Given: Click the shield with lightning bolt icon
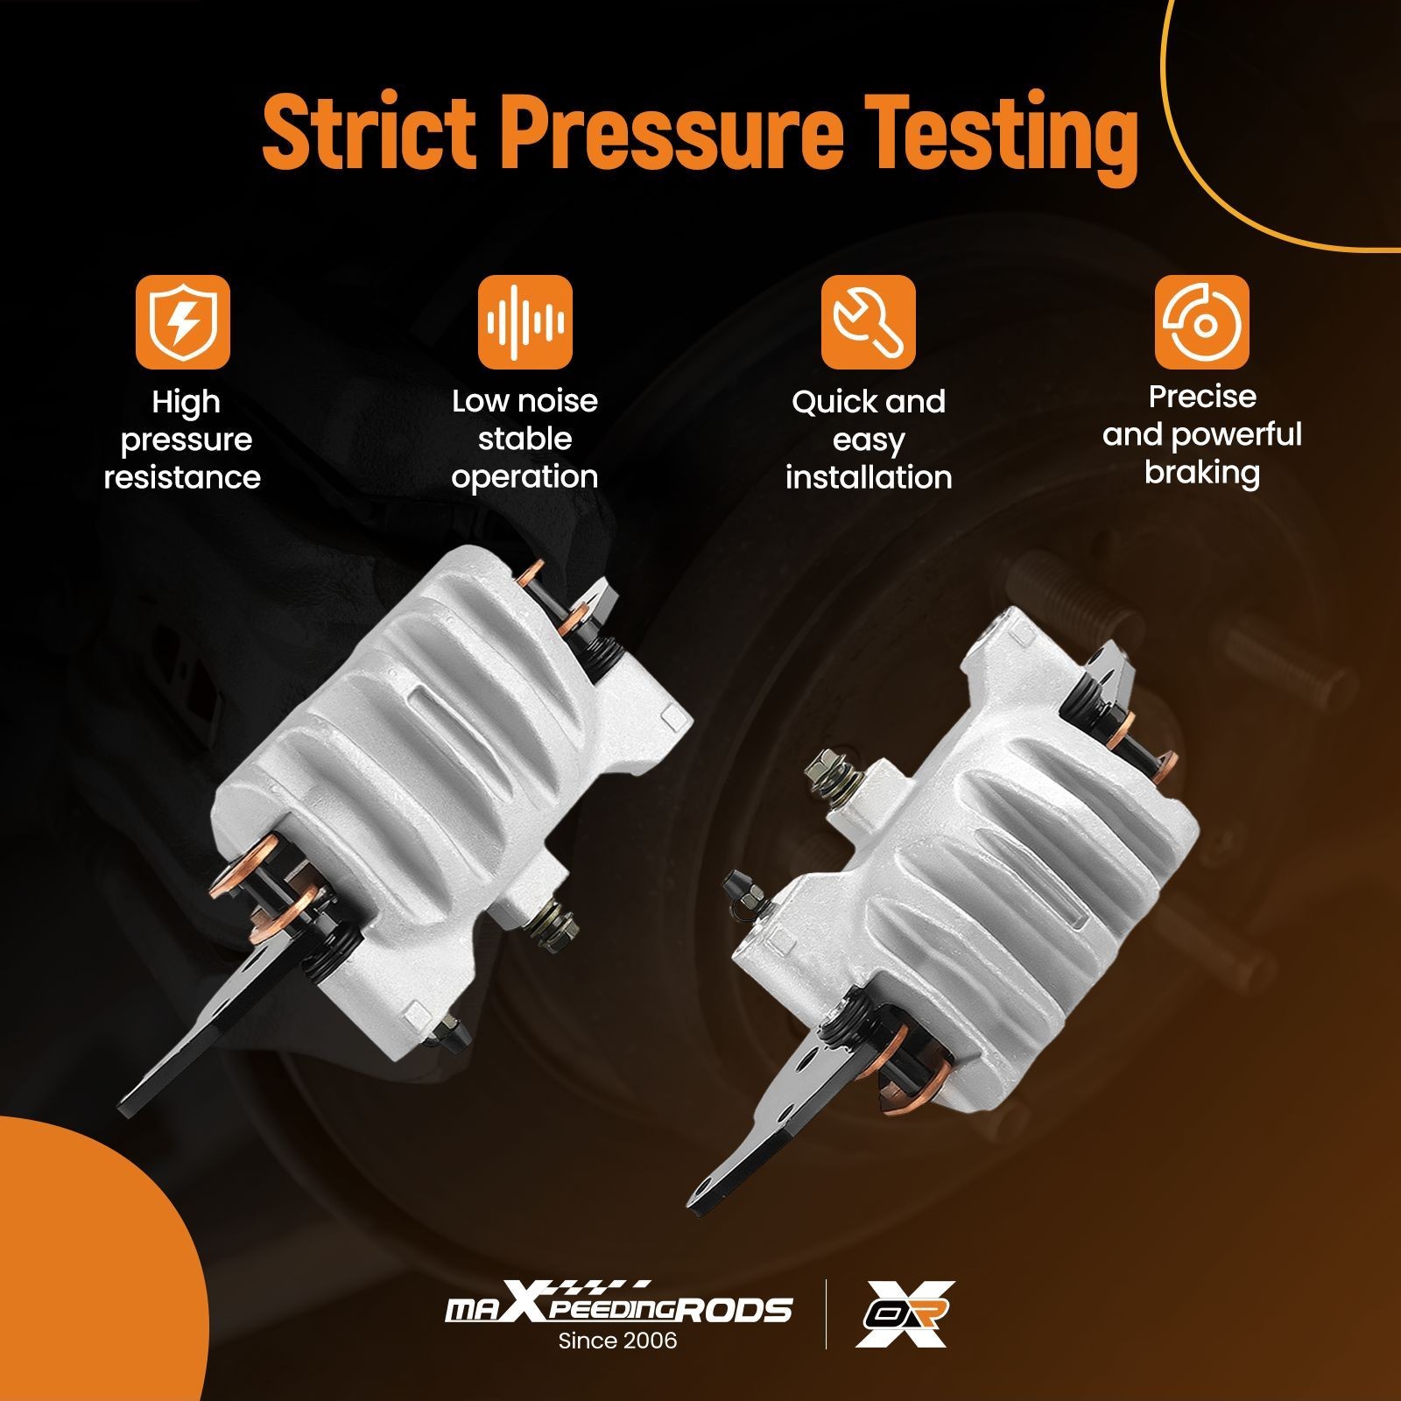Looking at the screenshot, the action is [182, 321].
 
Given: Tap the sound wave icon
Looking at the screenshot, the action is [525, 321].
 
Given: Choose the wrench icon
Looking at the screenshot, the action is [869, 321].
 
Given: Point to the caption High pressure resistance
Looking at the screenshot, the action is [182, 440].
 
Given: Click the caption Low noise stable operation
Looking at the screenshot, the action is [525, 439].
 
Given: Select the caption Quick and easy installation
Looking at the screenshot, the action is [869, 439].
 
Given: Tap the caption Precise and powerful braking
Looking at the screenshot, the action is [1202, 434].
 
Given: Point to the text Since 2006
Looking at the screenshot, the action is [618, 1341].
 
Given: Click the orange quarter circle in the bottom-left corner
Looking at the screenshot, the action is [88, 1270].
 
